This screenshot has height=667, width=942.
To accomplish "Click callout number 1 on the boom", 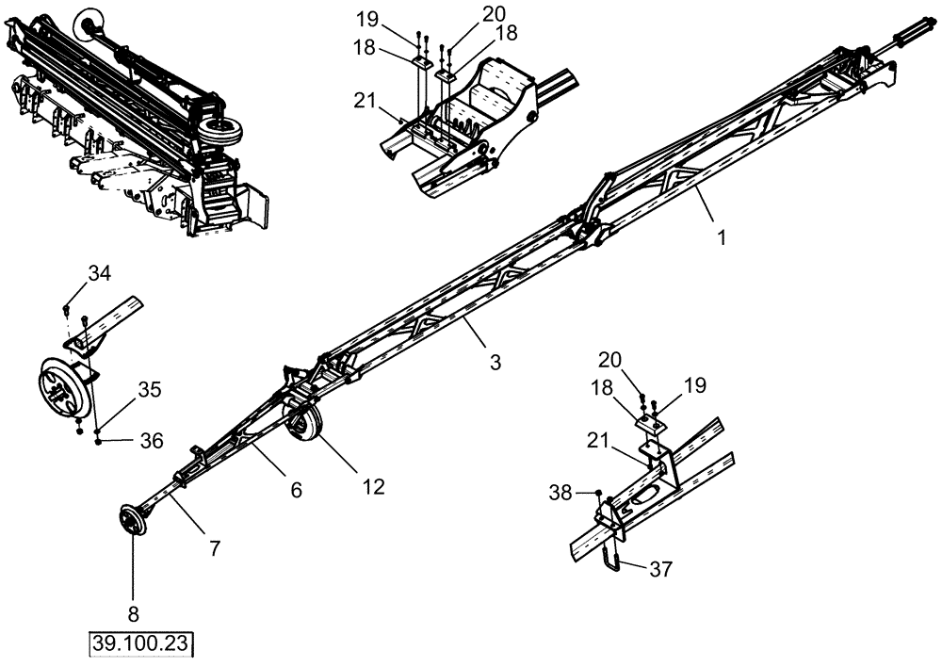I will coord(722,238).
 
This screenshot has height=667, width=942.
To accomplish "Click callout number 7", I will coord(215,548).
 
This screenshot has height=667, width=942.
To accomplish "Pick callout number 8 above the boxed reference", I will coord(133,614).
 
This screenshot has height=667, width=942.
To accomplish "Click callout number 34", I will coord(100,273).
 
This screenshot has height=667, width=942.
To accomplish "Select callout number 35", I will coord(150,388).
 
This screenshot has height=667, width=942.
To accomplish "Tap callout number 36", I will coord(152,440).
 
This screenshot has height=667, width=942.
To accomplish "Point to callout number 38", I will coord(561,491).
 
